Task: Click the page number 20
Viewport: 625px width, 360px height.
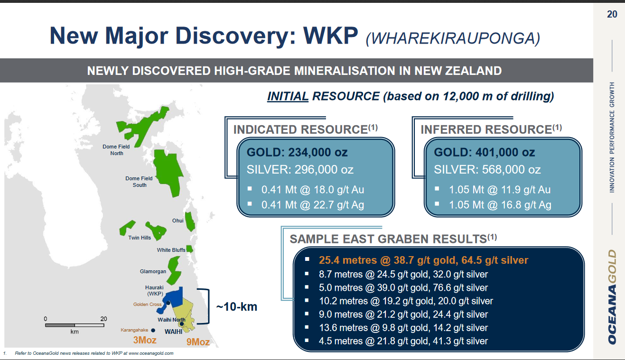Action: tap(612, 14)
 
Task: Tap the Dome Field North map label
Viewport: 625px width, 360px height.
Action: tap(116, 150)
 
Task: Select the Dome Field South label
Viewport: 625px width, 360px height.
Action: tap(139, 182)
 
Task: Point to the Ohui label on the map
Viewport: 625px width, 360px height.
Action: tap(178, 221)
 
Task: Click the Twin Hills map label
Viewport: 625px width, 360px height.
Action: tap(140, 238)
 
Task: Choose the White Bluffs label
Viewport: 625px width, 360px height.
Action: tap(171, 250)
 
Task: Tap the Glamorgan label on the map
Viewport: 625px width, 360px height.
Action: tap(153, 271)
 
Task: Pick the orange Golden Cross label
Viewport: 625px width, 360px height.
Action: tap(147, 304)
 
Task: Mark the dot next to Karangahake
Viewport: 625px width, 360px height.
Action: tap(153, 330)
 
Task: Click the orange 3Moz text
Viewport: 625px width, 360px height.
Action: tap(145, 340)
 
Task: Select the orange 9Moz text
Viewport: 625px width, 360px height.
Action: tap(198, 342)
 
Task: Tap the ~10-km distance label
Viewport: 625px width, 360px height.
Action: tap(237, 307)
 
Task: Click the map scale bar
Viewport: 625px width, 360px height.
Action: tap(75, 325)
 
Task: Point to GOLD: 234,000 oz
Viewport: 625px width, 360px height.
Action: tap(297, 152)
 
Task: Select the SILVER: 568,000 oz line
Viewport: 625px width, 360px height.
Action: tap(487, 169)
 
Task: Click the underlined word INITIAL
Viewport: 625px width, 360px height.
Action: tap(288, 96)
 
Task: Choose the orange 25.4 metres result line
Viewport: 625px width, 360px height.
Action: tap(424, 260)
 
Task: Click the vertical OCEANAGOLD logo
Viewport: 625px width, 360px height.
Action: tap(612, 297)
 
